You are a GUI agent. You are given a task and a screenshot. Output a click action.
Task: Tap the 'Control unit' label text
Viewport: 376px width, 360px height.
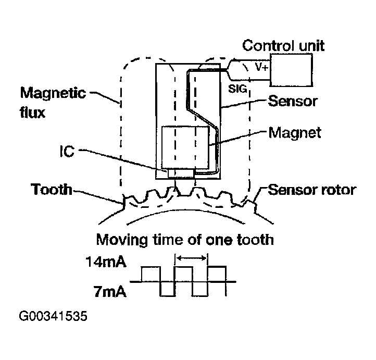click(x=284, y=45)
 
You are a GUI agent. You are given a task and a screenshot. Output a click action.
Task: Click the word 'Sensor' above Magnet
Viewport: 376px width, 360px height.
click(x=292, y=101)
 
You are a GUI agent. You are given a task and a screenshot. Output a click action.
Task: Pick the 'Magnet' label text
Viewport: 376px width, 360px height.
click(x=294, y=132)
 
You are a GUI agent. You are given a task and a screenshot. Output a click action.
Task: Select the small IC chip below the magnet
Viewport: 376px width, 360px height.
click(x=181, y=172)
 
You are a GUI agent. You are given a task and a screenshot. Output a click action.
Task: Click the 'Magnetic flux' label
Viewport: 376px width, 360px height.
click(x=53, y=102)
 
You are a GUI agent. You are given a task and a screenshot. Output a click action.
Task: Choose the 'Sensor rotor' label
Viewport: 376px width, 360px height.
click(x=311, y=189)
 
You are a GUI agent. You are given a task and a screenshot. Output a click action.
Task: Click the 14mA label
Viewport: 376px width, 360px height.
click(x=106, y=262)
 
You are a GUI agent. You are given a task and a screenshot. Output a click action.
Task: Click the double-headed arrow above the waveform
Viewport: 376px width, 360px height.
click(x=191, y=257)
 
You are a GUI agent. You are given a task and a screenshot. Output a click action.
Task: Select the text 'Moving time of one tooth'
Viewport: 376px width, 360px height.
click(x=184, y=240)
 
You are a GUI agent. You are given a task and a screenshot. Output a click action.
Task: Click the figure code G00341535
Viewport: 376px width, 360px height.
click(x=53, y=316)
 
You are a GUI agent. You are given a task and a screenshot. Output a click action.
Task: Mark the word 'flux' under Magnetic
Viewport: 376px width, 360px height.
click(x=32, y=111)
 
